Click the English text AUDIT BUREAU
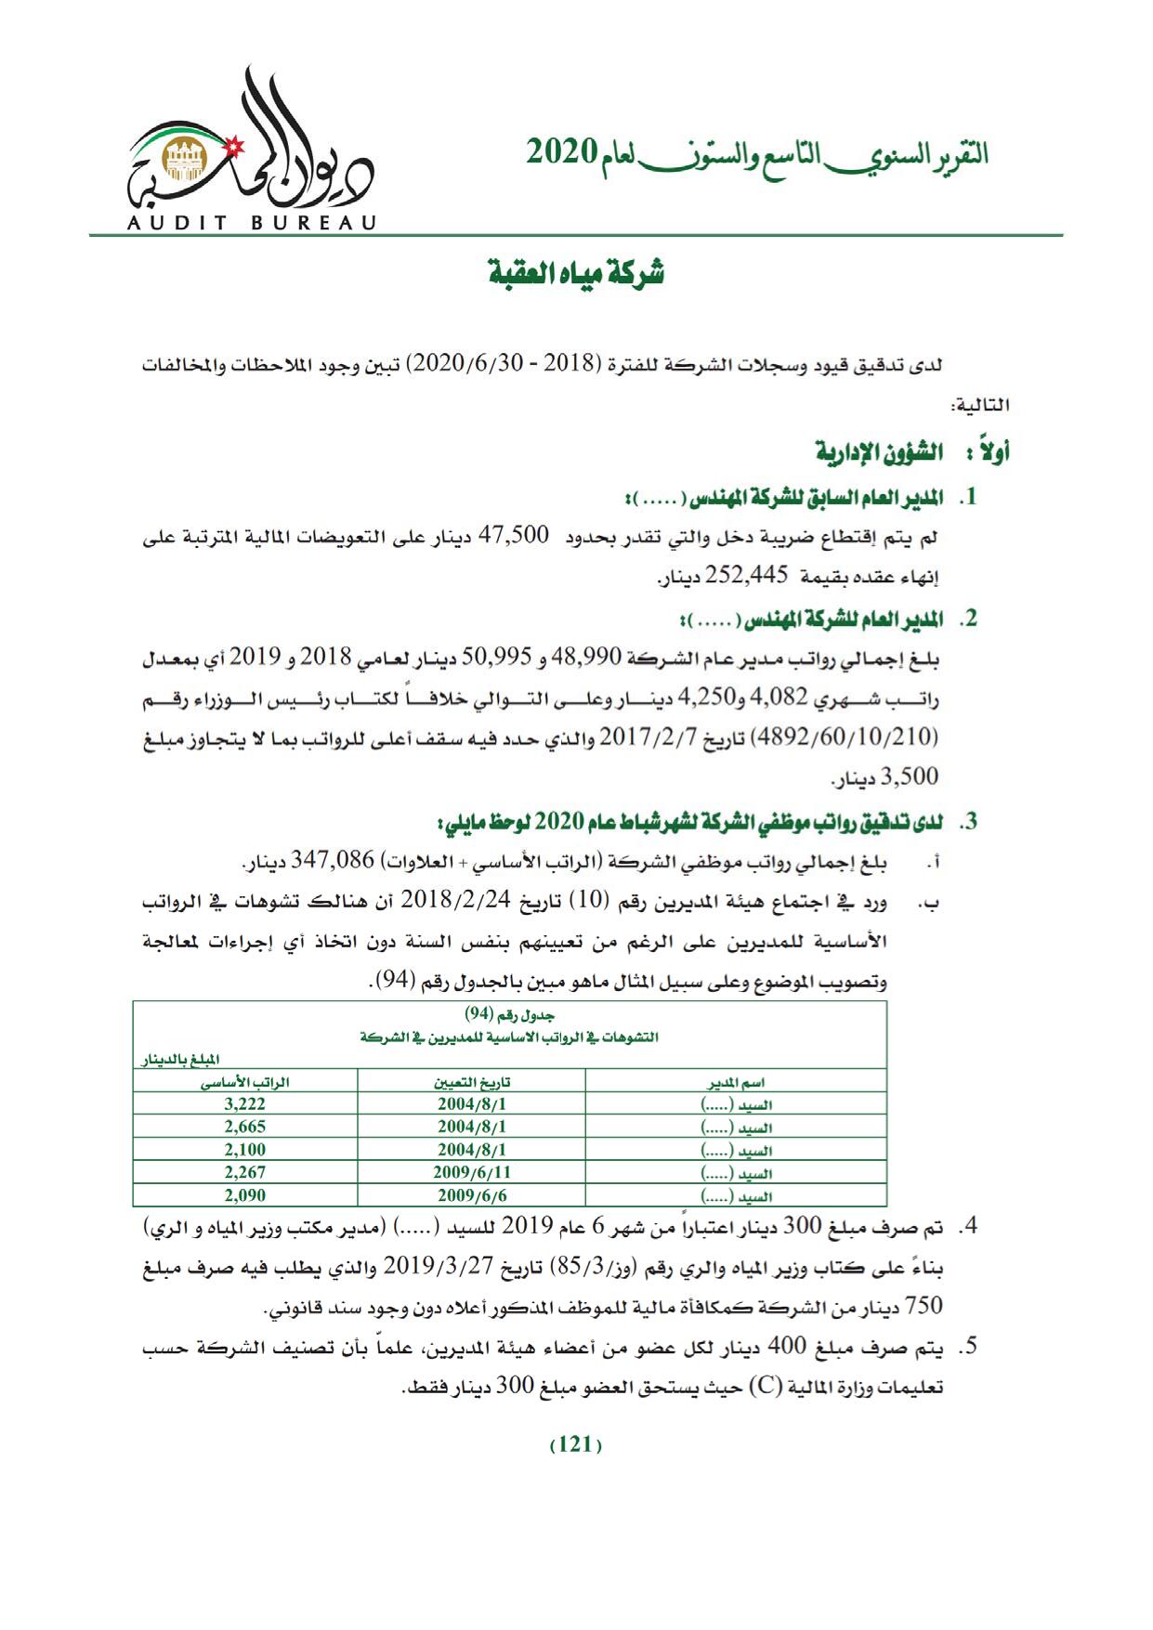(252, 223)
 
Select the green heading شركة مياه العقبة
(576, 273)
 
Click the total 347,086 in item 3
(334, 862)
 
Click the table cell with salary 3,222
(245, 1104)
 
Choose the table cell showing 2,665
(245, 1127)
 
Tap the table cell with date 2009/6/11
(472, 1172)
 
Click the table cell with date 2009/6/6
(472, 1195)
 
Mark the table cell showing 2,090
(245, 1195)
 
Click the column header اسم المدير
(736, 1082)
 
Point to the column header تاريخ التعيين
(472, 1082)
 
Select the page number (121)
(576, 1445)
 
